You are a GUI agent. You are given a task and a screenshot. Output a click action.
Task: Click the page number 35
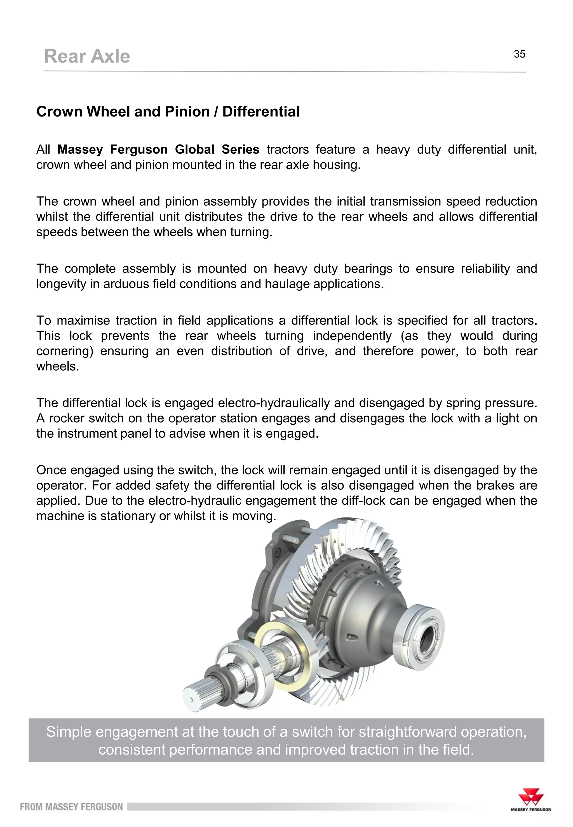pyautogui.click(x=519, y=54)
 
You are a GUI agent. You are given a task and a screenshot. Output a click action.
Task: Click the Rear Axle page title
pyautogui.click(x=87, y=56)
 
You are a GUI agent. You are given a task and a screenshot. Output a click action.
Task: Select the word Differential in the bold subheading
pyautogui.click(x=261, y=112)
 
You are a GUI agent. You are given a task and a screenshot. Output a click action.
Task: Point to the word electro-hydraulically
pyautogui.click(x=274, y=403)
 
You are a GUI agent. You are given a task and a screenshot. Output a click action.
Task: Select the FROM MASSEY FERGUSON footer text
pyautogui.click(x=71, y=807)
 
